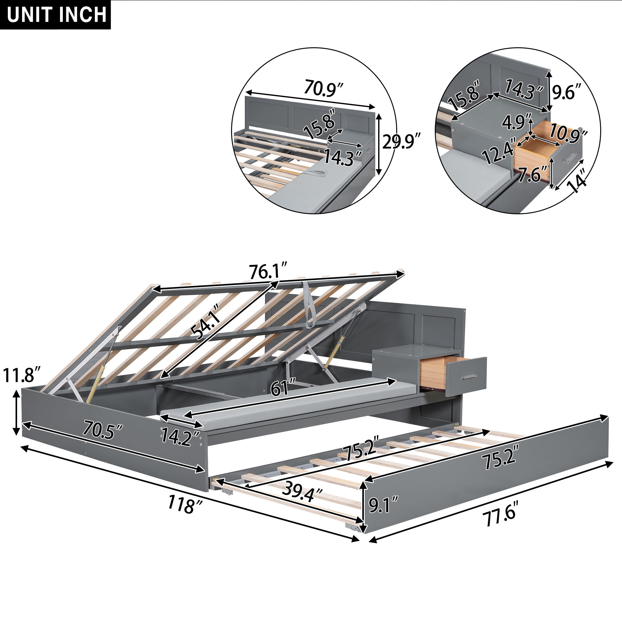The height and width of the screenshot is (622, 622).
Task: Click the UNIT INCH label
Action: coord(57,15)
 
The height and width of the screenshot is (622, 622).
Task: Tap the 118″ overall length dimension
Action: coord(185,504)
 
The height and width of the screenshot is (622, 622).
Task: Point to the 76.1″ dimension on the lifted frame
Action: coord(268,272)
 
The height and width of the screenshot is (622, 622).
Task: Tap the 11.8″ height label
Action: coord(22,375)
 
